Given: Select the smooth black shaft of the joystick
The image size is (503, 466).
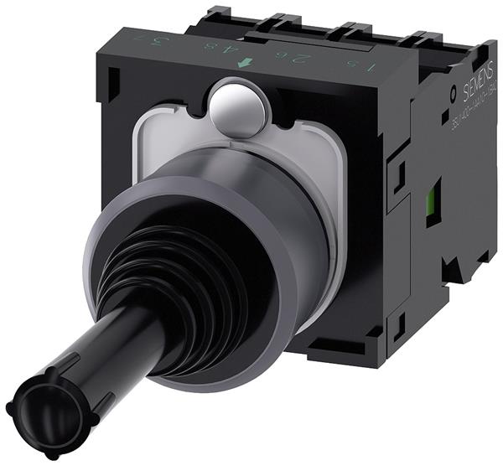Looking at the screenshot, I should (x=101, y=352).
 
